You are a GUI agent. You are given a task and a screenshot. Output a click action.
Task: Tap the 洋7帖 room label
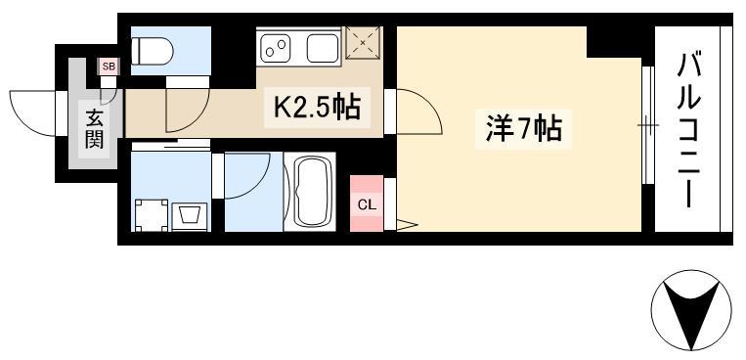coord(523,128)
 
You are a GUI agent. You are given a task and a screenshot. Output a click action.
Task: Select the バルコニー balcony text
coord(692,127)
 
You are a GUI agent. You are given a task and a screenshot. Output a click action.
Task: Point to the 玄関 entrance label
coord(94,128)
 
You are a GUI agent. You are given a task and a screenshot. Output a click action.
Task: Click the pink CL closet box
coord(366,203)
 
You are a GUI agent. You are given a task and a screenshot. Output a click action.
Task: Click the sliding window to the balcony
coord(645,125)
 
